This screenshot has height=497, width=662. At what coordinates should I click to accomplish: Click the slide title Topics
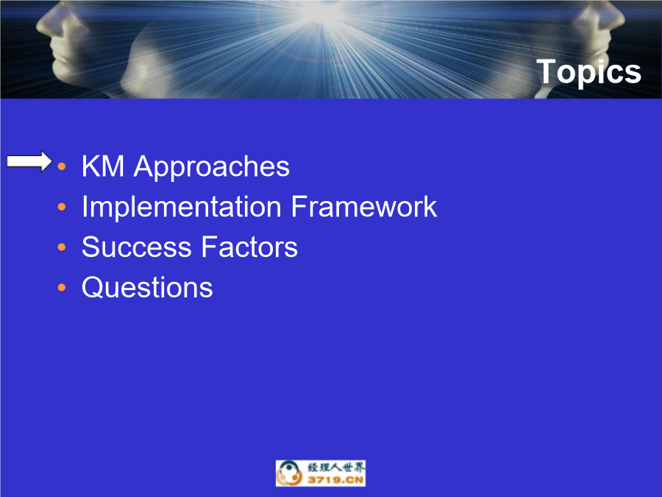pyautogui.click(x=588, y=72)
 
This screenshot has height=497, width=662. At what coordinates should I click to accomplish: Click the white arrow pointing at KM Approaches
pyautogui.click(x=29, y=161)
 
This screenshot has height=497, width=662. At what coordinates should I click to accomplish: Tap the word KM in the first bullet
pyautogui.click(x=103, y=166)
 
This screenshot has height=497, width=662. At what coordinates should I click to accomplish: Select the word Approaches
pyautogui.click(x=212, y=168)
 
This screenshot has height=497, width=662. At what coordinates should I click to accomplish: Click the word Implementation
pyautogui.click(x=182, y=208)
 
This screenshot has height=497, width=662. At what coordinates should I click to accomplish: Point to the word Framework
pyautogui.click(x=364, y=207)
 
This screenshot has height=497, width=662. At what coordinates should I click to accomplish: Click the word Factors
pyautogui.click(x=249, y=247)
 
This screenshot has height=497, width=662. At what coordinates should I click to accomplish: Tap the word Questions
pyautogui.click(x=147, y=288)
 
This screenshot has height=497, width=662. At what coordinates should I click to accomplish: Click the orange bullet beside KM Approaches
pyautogui.click(x=62, y=166)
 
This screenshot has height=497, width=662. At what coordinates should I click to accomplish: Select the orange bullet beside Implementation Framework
pyautogui.click(x=62, y=207)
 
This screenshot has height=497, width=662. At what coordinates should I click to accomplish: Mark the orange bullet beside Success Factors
pyautogui.click(x=62, y=247)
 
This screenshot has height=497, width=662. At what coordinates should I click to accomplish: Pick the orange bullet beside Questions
pyautogui.click(x=62, y=288)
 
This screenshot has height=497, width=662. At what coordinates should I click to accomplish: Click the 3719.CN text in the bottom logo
pyautogui.click(x=335, y=480)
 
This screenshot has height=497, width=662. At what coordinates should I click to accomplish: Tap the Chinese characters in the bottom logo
pyautogui.click(x=335, y=468)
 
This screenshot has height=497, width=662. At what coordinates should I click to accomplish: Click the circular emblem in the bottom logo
pyautogui.click(x=290, y=473)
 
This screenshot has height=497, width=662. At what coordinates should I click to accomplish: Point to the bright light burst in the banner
pyautogui.click(x=321, y=15)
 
